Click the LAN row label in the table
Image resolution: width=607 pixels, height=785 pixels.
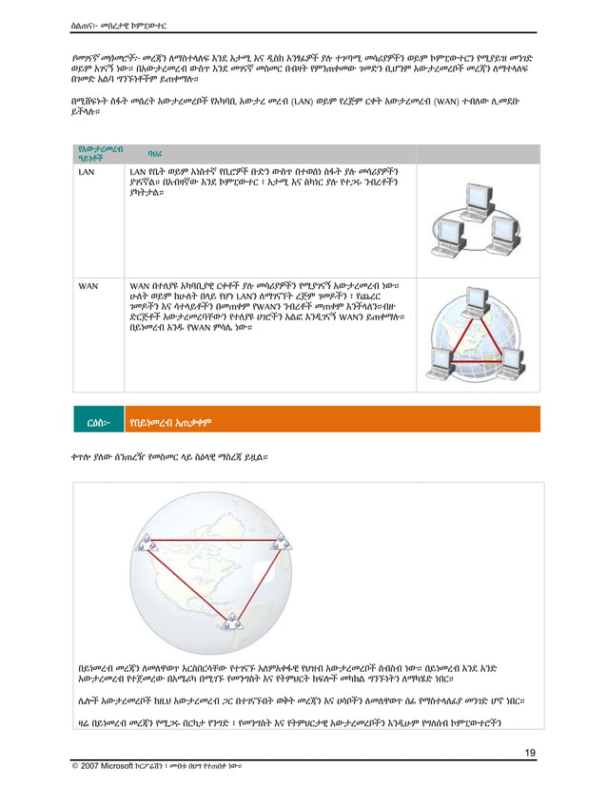click(x=86, y=172)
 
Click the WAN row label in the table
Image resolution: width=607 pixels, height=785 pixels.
click(x=88, y=284)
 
